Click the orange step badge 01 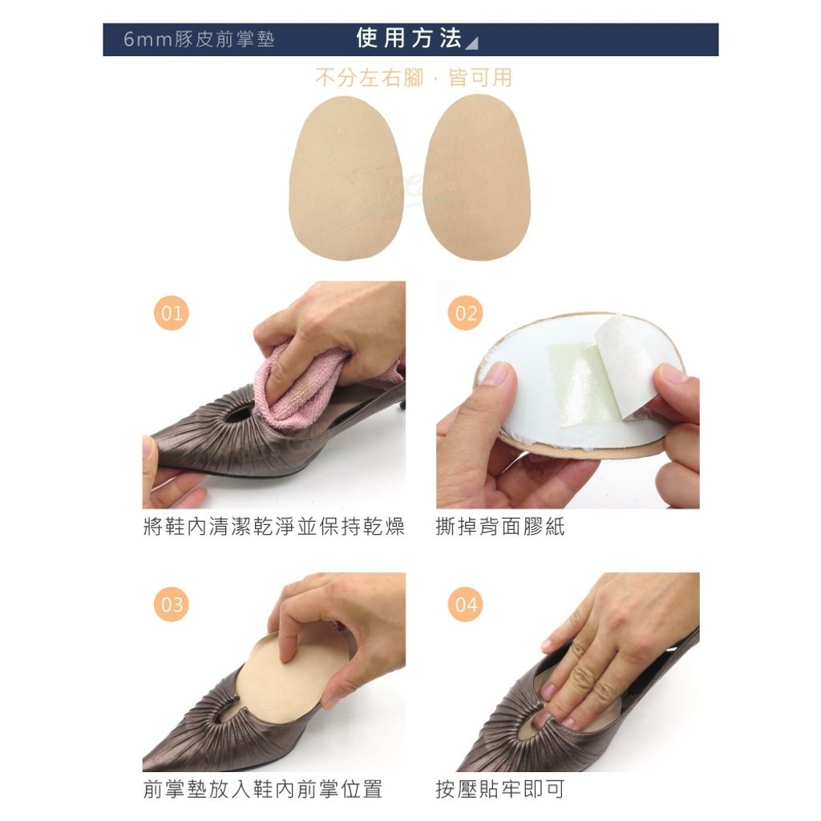172,313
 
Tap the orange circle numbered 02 466,313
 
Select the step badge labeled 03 172,604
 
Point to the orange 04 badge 466,604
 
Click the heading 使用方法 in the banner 409,38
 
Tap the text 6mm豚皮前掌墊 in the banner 199,39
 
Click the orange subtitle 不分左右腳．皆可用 413,78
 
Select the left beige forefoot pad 346,178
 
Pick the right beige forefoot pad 476,177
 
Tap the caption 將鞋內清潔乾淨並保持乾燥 274,526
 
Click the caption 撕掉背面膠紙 500,526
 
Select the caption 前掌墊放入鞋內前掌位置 263,789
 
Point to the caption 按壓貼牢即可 500,789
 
